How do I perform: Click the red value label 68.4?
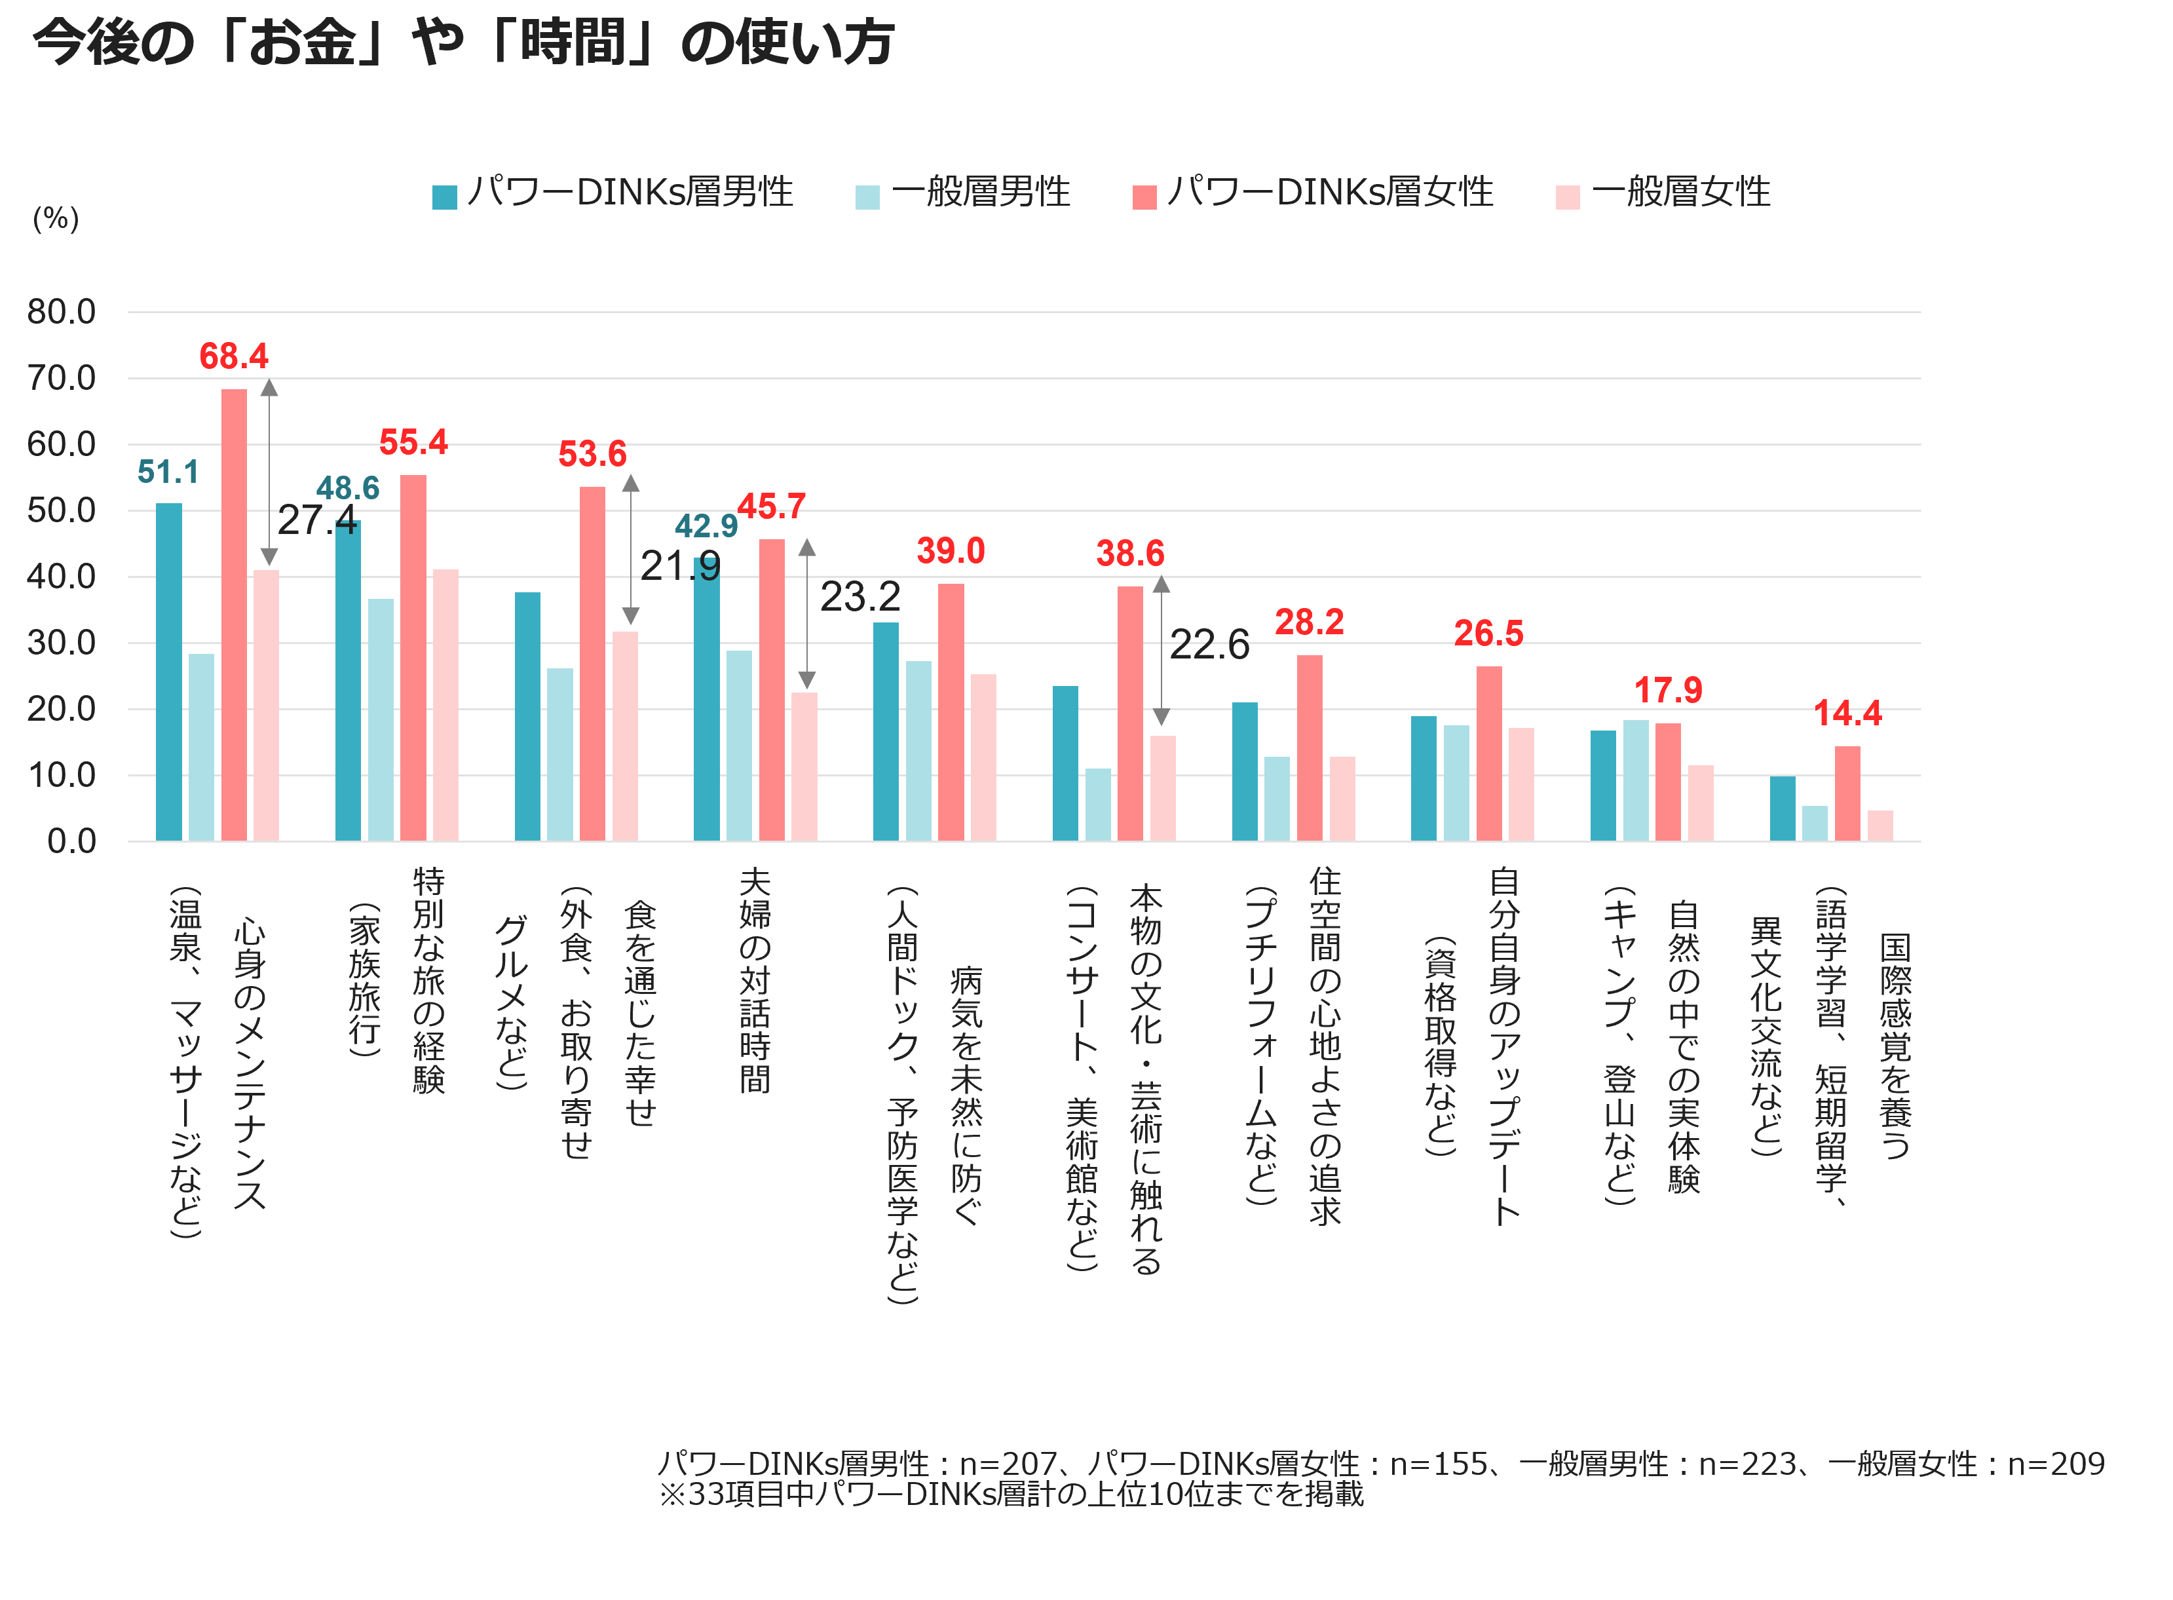pos(233,356)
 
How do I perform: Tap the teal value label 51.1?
pos(168,472)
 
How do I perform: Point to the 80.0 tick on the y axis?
pos(61,312)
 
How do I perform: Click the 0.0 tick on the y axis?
pos(71,841)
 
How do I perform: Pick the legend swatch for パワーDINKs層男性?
pos(444,197)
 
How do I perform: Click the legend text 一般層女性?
pos(1680,192)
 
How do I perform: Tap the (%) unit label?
pos(55,219)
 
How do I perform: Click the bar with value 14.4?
pos(1847,793)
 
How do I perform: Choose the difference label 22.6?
pos(1209,645)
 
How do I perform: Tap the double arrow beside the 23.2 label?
pos(806,614)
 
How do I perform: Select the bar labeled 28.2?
pos(1309,748)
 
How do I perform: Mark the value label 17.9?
pos(1667,691)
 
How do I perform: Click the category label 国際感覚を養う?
pos(1895,1046)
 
